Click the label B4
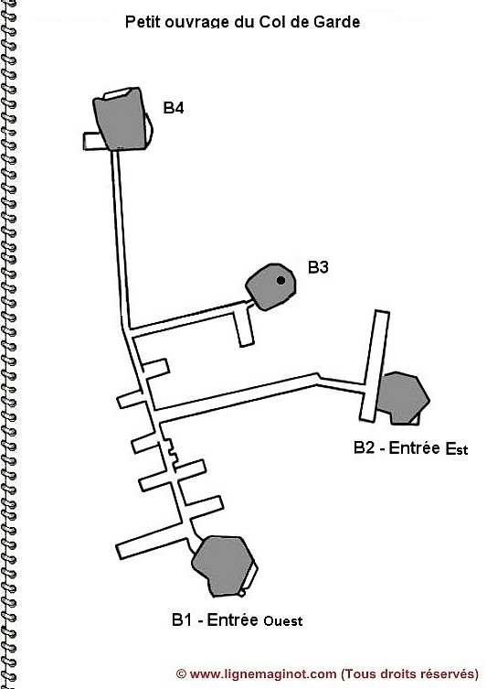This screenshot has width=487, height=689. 174,108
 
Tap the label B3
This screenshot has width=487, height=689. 318,267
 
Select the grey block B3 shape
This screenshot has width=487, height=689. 270,287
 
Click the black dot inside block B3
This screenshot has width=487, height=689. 281,280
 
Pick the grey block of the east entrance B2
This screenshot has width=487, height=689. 404,398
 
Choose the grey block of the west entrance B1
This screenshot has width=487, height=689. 224,566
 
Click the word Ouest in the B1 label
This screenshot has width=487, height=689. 283,621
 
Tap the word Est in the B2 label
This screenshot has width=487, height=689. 457,449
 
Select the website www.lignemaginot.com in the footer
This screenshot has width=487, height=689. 263,673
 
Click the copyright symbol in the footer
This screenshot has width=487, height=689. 181,673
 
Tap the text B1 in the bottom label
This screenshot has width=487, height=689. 182,620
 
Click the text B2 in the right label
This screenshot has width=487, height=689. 365,447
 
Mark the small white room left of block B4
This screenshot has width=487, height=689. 96,141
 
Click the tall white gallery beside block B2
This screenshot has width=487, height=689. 375,367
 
